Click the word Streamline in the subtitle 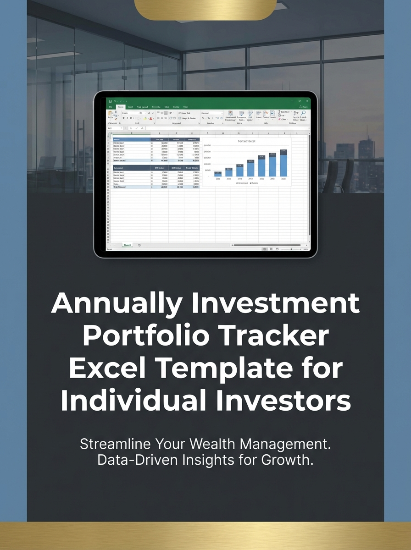coord(117,444)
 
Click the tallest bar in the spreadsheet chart coord(283,163)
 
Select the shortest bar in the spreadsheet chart coord(218,174)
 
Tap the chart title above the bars coord(246,142)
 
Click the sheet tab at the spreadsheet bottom coord(127,245)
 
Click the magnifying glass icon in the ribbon coord(303,113)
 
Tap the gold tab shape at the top coord(206,9)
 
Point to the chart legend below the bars coord(247,182)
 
